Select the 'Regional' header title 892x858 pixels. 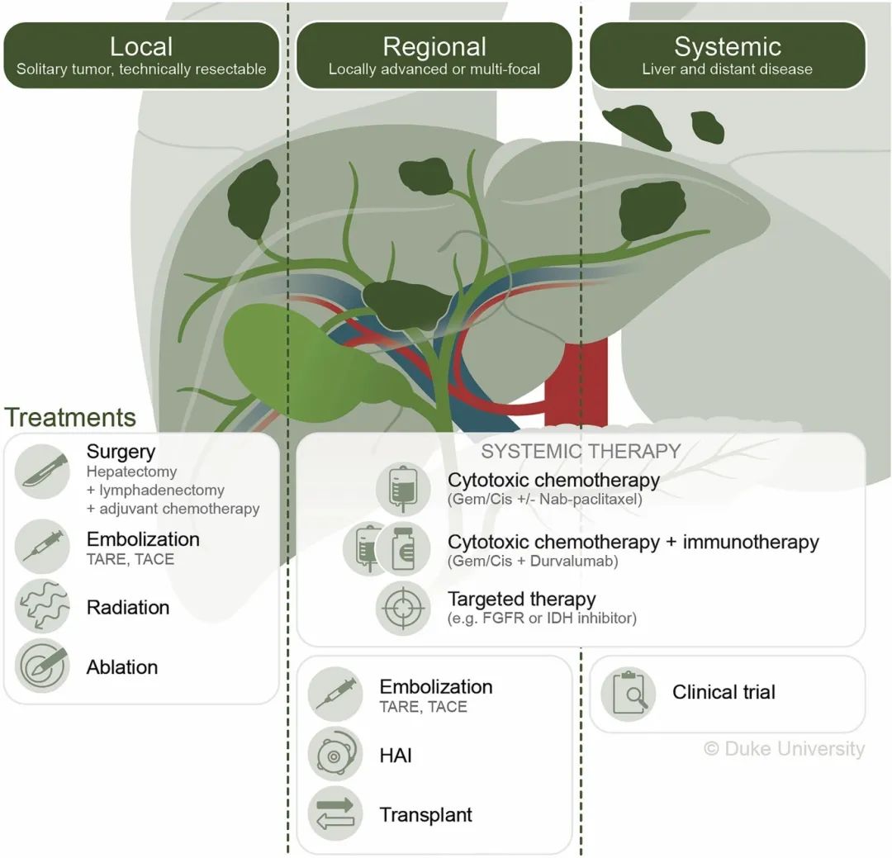point(434,45)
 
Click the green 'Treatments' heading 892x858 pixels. point(70,417)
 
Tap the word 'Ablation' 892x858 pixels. point(122,667)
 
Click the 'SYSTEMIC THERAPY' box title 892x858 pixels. point(581,451)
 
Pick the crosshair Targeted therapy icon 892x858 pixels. point(403,607)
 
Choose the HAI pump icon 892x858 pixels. point(335,755)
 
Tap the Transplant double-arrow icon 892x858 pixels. point(335,813)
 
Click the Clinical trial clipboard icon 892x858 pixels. point(629,693)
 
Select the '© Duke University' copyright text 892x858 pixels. point(784,749)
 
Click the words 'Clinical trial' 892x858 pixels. point(724,692)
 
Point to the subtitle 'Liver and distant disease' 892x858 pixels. point(728,69)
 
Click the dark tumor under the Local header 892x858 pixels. point(253,201)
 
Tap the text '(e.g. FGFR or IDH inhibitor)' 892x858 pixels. point(542,618)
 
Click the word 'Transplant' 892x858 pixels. point(426,815)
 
